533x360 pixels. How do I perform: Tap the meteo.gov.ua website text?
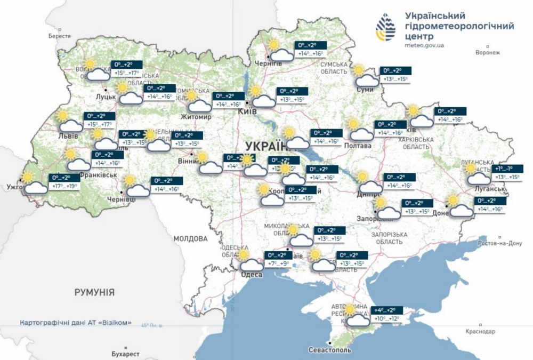click(x=424, y=46)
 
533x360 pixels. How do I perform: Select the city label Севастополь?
click(x=330, y=350)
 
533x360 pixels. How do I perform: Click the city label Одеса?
click(x=252, y=274)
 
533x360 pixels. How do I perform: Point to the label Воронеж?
click(x=488, y=52)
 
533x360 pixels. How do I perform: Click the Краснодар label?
click(x=479, y=331)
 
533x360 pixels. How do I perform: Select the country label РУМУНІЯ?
click(x=94, y=292)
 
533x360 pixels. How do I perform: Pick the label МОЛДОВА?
click(x=190, y=238)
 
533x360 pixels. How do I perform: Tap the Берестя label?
click(x=59, y=36)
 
